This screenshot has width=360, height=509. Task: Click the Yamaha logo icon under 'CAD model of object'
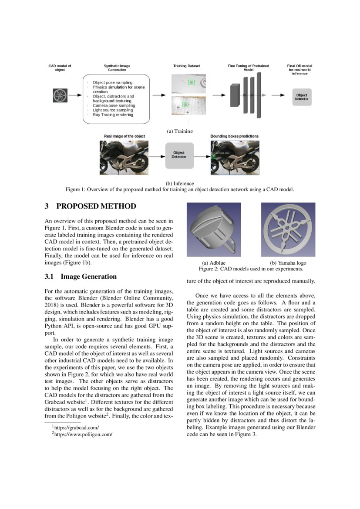click(x=60, y=95)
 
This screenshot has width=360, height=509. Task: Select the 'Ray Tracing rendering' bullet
click(x=113, y=115)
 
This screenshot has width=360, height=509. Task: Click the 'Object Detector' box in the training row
click(x=301, y=97)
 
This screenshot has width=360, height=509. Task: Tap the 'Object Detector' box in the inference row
click(x=178, y=155)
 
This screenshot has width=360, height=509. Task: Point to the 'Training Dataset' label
click(x=186, y=66)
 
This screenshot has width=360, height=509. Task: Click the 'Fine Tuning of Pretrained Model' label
click(x=248, y=67)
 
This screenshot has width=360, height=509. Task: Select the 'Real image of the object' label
click(x=124, y=136)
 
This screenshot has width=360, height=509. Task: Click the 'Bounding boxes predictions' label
click(x=234, y=136)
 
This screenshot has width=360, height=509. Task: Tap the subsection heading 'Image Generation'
click(x=88, y=276)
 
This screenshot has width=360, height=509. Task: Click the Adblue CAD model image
click(x=213, y=230)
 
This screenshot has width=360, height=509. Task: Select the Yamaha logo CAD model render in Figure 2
click(x=288, y=230)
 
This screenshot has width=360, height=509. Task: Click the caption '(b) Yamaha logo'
click(x=288, y=263)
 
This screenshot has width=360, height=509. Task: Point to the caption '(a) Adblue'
click(x=213, y=263)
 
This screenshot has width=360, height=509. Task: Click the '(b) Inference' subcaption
click(x=180, y=183)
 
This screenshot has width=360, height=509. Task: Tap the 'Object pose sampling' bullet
click(x=112, y=82)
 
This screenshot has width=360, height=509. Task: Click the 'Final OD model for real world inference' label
click(x=301, y=70)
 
